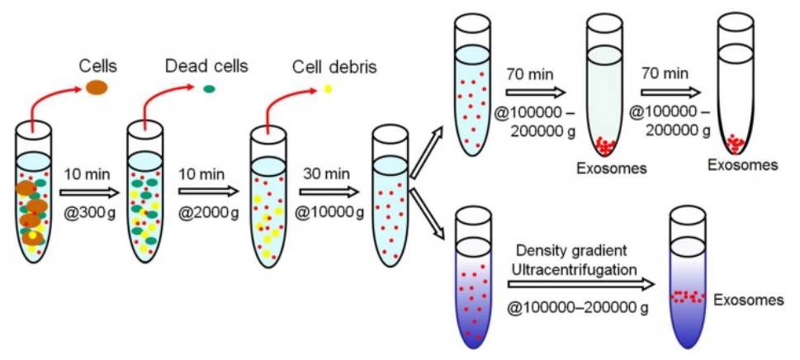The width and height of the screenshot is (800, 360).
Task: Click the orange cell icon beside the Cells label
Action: [x=97, y=86]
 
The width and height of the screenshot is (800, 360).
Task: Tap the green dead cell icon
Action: [x=210, y=88]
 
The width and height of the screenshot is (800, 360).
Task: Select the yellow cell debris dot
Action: [x=327, y=88]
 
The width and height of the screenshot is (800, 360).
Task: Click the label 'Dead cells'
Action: [x=206, y=64]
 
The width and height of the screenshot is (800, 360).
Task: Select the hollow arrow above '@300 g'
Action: [x=87, y=192]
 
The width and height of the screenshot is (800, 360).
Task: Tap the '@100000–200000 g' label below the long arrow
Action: [x=573, y=307]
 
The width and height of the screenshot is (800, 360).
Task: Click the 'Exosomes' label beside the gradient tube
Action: [x=748, y=300]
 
